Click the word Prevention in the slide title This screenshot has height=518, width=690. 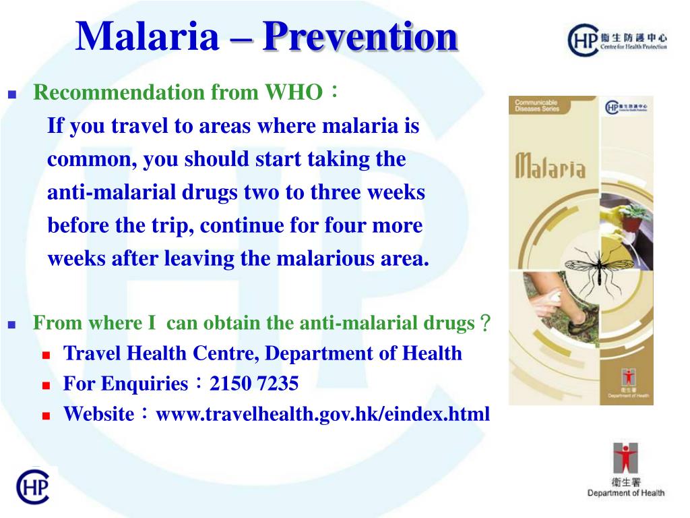(360, 37)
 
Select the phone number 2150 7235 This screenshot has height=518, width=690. (254, 384)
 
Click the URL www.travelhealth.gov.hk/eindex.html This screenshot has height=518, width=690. (323, 413)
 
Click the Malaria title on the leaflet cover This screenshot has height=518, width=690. (550, 165)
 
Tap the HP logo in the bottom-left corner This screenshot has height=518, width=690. (32, 486)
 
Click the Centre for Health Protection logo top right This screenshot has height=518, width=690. (617, 40)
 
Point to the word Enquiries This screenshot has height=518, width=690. (145, 384)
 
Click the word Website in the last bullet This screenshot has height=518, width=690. (99, 414)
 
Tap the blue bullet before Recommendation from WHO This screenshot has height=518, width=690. (11, 94)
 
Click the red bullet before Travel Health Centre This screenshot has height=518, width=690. (46, 355)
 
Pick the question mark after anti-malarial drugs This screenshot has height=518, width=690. (484, 324)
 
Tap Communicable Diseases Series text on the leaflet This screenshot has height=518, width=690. (537, 105)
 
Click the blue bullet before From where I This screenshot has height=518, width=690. (11, 324)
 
